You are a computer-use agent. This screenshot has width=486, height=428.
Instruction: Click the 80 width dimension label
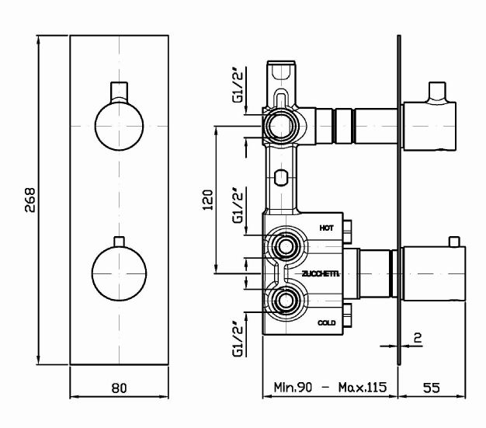(x=120, y=386)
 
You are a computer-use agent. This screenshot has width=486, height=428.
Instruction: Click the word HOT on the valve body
(x=327, y=228)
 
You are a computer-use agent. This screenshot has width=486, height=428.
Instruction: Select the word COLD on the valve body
(x=327, y=322)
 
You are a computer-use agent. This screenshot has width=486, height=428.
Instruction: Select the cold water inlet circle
(x=284, y=299)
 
